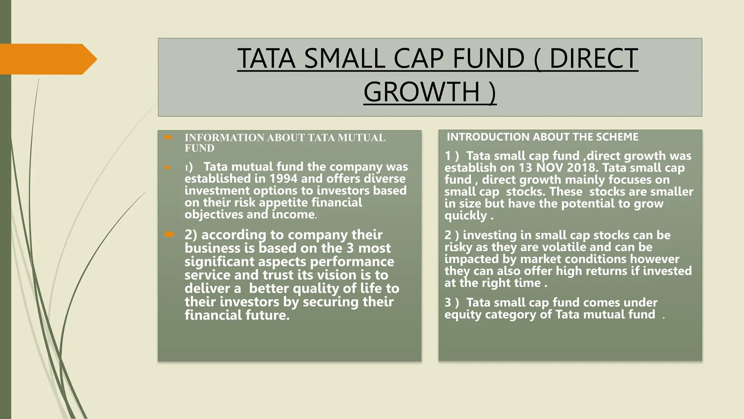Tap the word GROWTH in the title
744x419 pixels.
point(422,92)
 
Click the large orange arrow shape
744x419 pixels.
point(47,59)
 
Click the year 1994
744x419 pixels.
point(283,179)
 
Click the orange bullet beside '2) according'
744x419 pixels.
point(169,234)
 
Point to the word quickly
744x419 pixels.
point(465,216)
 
